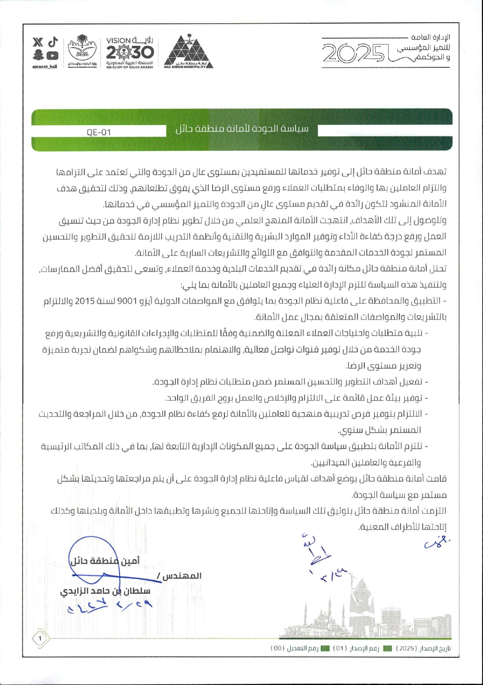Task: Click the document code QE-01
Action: tap(99, 132)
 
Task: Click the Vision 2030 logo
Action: tap(130, 52)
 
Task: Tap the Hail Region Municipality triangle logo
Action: tap(188, 52)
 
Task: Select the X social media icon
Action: tap(38, 42)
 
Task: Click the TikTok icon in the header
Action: tap(53, 42)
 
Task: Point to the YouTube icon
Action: tap(52, 56)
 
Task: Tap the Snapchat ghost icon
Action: tap(38, 55)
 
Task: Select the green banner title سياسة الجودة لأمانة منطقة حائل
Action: tap(241, 129)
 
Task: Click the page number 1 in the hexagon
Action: tap(40, 638)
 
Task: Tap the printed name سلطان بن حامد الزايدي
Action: tap(105, 591)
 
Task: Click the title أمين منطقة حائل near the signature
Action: tap(105, 561)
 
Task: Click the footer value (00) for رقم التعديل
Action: tap(277, 648)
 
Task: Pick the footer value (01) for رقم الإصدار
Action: tap(340, 648)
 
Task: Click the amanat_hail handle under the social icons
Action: tap(45, 67)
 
